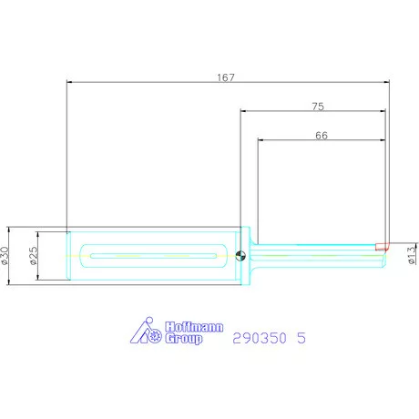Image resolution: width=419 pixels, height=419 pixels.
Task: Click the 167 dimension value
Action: pos(226,77)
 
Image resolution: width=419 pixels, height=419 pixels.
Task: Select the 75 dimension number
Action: pos(318,107)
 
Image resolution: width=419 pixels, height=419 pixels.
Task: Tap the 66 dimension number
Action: pos(322,136)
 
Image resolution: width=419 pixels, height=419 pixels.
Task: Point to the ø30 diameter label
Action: pos(5,256)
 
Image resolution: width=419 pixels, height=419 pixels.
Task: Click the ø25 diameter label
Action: pos(34,255)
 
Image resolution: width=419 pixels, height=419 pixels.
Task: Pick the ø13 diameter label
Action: pos(412,255)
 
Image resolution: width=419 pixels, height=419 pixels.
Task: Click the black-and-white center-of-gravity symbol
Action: pos(240,256)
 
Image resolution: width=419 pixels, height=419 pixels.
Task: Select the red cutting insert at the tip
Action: pos(382,246)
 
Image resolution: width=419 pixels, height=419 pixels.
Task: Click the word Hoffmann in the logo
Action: pos(194,327)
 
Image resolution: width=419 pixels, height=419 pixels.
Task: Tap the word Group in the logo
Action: pos(184,338)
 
